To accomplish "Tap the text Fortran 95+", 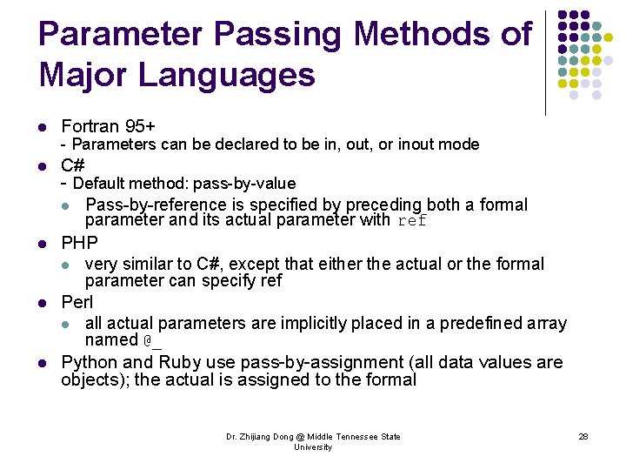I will (x=108, y=127).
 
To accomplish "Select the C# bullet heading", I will (x=73, y=165).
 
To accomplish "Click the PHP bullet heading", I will (x=79, y=242).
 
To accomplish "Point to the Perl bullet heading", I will (x=78, y=303).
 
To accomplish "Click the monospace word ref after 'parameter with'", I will (x=412, y=221).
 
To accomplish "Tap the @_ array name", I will (x=152, y=340).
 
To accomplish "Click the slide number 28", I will (x=583, y=437).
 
